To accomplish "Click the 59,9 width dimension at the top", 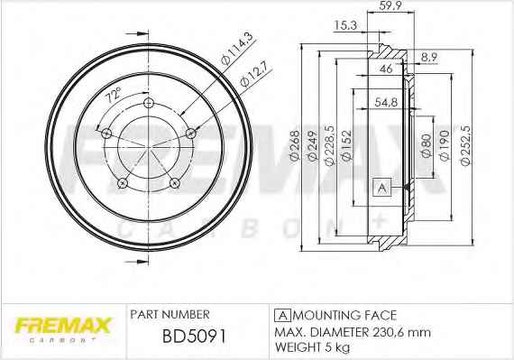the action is tap(390, 5).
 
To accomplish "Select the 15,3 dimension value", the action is tap(345, 25).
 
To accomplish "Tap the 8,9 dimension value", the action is tap(428, 58).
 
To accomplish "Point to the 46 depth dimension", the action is tap(386, 69).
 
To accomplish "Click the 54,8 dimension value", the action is tap(386, 102).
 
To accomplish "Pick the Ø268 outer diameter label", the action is tap(295, 145).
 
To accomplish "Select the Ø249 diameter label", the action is tap(312, 145).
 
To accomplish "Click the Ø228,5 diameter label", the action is tap(329, 145).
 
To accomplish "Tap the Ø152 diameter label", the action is tap(346, 145).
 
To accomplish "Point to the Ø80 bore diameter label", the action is tap(427, 145).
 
